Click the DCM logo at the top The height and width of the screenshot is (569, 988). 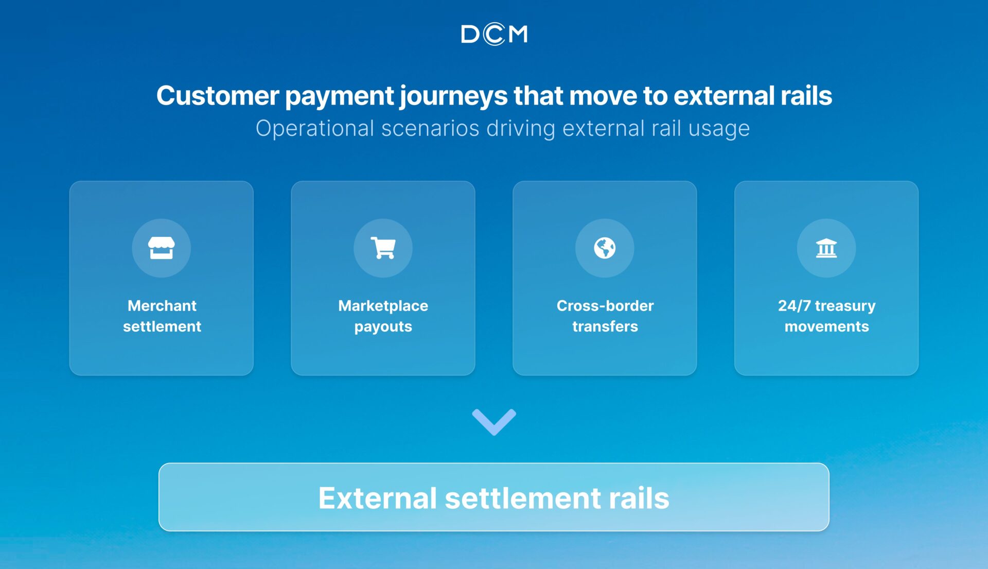(x=494, y=34)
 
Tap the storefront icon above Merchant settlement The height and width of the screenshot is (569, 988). (x=162, y=248)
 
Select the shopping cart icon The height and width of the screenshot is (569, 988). (x=383, y=248)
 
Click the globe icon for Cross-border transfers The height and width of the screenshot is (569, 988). (x=605, y=248)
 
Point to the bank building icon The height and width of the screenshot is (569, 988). (x=826, y=248)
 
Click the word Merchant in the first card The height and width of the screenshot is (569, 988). (x=162, y=306)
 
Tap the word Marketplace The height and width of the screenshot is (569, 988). (x=383, y=306)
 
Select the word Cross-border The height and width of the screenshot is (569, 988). (x=605, y=306)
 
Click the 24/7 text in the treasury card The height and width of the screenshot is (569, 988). (x=794, y=306)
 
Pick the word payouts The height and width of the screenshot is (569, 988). (x=383, y=327)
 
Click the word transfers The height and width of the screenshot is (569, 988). (x=605, y=326)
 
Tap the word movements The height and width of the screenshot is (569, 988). (x=826, y=327)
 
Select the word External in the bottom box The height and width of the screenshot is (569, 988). (x=378, y=498)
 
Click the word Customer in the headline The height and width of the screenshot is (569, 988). (x=218, y=96)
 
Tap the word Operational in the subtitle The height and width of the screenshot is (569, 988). (x=315, y=129)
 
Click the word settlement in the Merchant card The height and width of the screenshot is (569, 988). (x=162, y=326)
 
